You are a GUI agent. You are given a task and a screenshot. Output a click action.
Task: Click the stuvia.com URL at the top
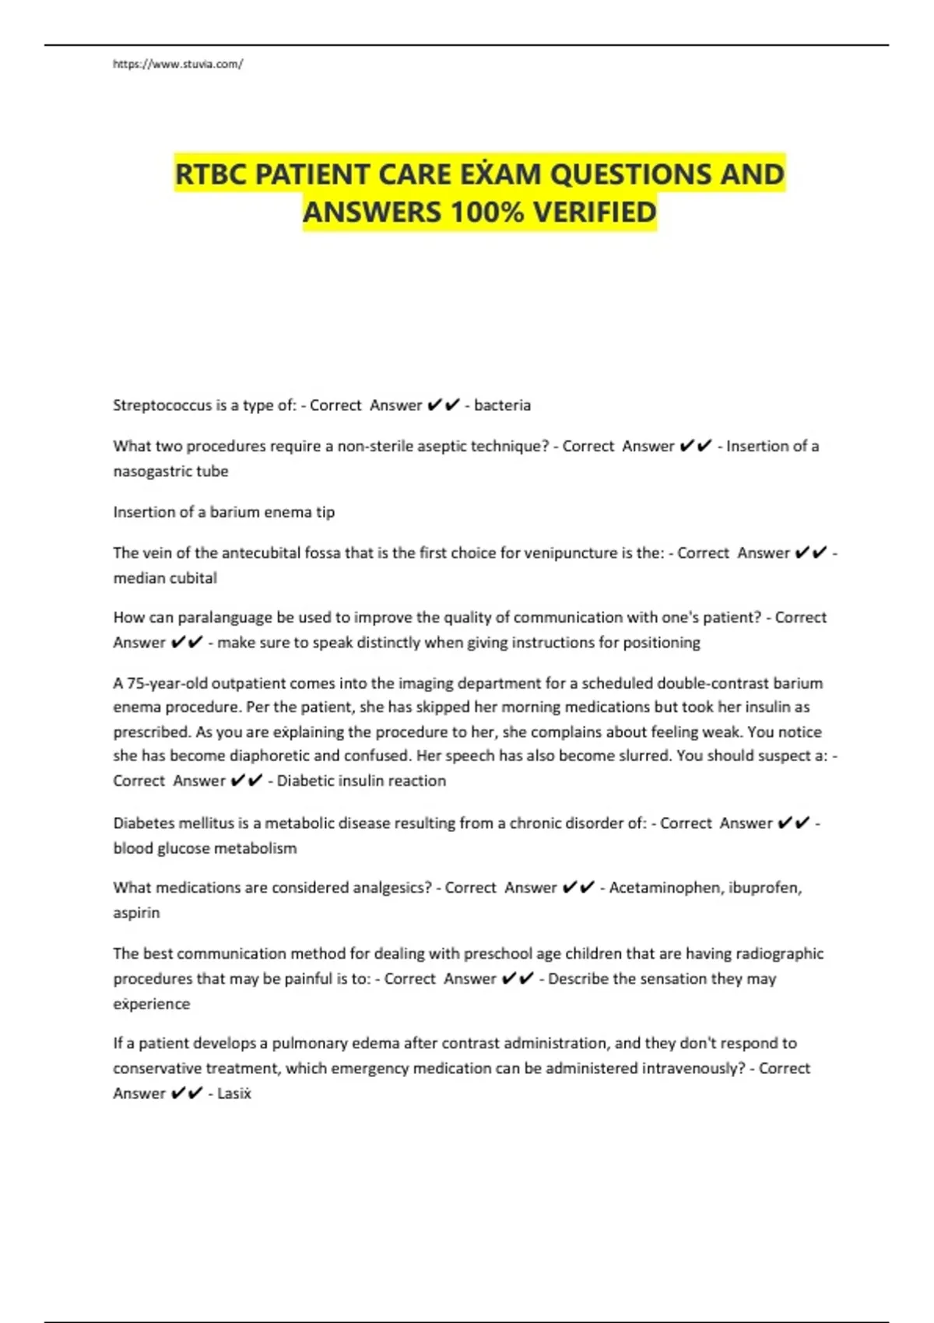coord(177,64)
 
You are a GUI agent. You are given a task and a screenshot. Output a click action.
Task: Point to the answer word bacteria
coord(502,405)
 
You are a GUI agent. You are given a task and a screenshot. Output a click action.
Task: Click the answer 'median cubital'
coord(165,578)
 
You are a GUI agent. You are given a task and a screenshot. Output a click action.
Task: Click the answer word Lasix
coord(234,1093)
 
